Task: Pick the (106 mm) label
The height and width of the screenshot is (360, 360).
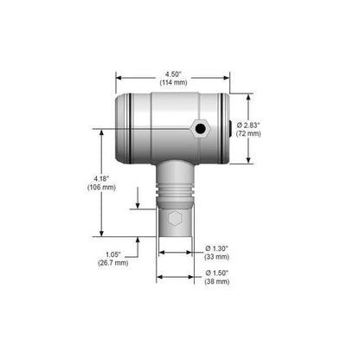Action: coord(101,190)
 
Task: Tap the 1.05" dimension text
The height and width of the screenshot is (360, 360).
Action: coord(112,254)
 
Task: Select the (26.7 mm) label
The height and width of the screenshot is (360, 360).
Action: coord(112,263)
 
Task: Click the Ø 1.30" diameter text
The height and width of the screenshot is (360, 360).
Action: coord(219,247)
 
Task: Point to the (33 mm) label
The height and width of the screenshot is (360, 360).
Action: coord(219,257)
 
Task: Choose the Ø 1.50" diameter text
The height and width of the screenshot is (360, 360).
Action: coord(219,273)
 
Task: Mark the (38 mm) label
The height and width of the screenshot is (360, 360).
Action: coord(219,283)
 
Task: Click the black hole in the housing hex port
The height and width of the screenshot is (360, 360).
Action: coord(201,128)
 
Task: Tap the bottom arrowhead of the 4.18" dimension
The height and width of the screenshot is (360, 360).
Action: coord(102,234)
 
